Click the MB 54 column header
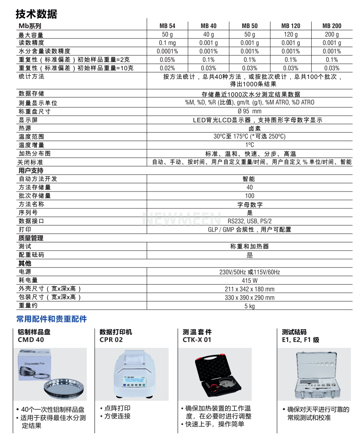click(167, 26)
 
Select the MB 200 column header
click(332, 26)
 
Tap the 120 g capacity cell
click(291, 34)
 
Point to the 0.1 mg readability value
click(167, 43)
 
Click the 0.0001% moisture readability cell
click(167, 51)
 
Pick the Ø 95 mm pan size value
click(250, 111)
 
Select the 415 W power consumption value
click(250, 280)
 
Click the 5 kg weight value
click(250, 306)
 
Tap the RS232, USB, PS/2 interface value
click(250, 221)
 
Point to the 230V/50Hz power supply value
click(250, 272)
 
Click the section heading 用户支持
click(31, 170)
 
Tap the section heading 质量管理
click(31, 238)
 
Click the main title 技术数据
click(36, 14)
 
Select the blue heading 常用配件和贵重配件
click(52, 319)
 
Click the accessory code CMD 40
click(31, 340)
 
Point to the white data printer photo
click(131, 374)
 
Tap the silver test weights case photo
click(314, 374)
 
